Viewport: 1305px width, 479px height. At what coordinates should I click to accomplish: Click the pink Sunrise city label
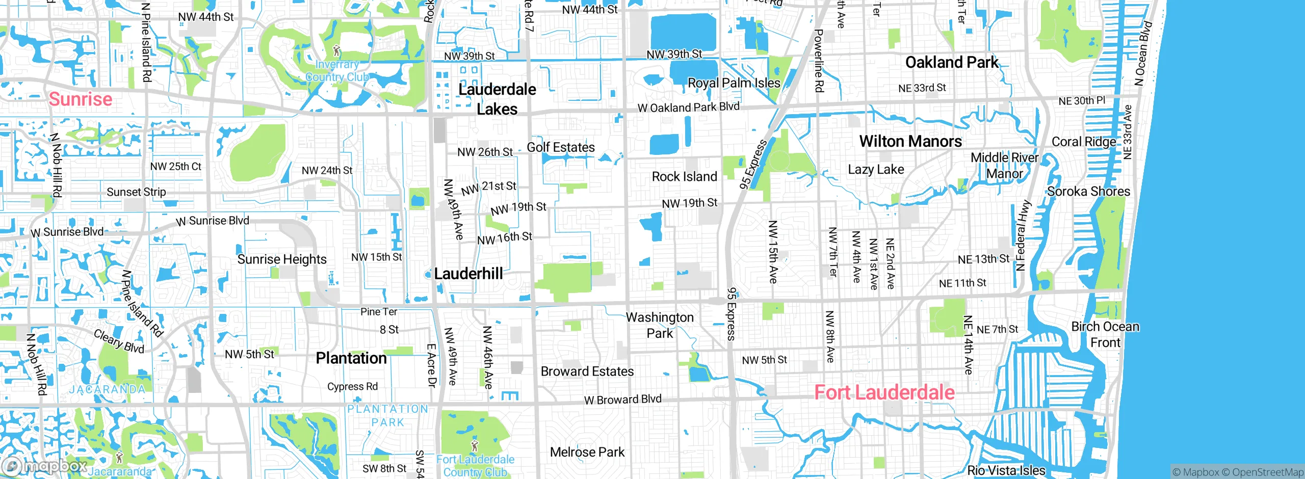pyautogui.click(x=81, y=99)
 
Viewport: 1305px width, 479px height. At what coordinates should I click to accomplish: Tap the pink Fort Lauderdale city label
pyautogui.click(x=884, y=392)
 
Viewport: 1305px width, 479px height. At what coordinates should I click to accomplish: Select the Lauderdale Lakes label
pyautogui.click(x=497, y=99)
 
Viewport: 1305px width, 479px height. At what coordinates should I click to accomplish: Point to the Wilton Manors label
pyautogui.click(x=910, y=141)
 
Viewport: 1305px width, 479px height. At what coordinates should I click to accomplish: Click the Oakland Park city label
pyautogui.click(x=952, y=62)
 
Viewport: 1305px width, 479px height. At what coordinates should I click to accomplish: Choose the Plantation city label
pyautogui.click(x=351, y=358)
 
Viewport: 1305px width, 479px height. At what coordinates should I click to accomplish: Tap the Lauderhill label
pyautogui.click(x=468, y=274)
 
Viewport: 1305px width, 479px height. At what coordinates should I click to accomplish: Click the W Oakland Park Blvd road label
pyautogui.click(x=688, y=108)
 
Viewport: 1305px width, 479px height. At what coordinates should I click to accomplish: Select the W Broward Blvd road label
pyautogui.click(x=622, y=400)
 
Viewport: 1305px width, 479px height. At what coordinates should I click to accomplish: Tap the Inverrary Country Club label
pyautogui.click(x=337, y=71)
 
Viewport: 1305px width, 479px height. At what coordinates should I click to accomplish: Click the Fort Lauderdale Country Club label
pyautogui.click(x=475, y=466)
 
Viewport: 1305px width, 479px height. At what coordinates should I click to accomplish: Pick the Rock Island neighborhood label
pyautogui.click(x=684, y=177)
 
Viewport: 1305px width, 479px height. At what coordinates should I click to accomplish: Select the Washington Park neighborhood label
pyautogui.click(x=660, y=325)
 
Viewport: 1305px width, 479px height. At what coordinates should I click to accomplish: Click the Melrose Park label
pyautogui.click(x=587, y=452)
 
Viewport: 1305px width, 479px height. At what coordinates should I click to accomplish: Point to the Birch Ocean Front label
pyautogui.click(x=1105, y=334)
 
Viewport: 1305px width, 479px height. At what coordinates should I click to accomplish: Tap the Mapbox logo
pyautogui.click(x=45, y=466)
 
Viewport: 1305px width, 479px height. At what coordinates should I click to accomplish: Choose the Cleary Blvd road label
pyautogui.click(x=119, y=341)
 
